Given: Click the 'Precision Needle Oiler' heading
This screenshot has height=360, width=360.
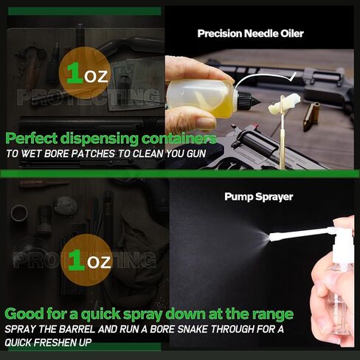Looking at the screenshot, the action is pyautogui.click(x=250, y=33).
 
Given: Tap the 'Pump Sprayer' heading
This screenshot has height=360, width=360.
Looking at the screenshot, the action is pyautogui.click(x=259, y=197).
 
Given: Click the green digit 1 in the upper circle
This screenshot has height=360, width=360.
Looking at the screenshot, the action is pyautogui.click(x=75, y=73).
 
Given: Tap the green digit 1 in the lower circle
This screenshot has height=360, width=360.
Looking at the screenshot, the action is pyautogui.click(x=77, y=260).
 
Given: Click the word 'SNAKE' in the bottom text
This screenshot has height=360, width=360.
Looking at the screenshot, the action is pyautogui.click(x=193, y=329).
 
